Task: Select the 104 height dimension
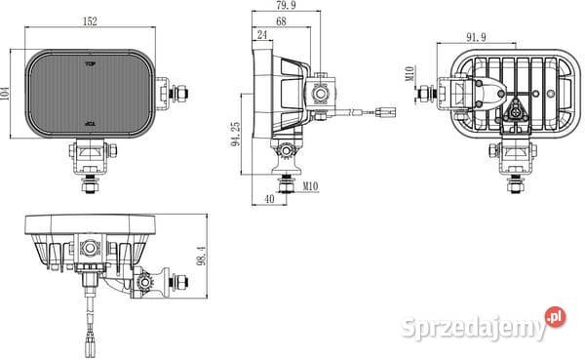point(7,93)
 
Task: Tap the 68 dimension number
point(280,21)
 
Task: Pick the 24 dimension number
point(260,35)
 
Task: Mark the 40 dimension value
point(268,200)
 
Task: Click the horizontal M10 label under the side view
point(311,185)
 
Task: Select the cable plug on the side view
point(387,112)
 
